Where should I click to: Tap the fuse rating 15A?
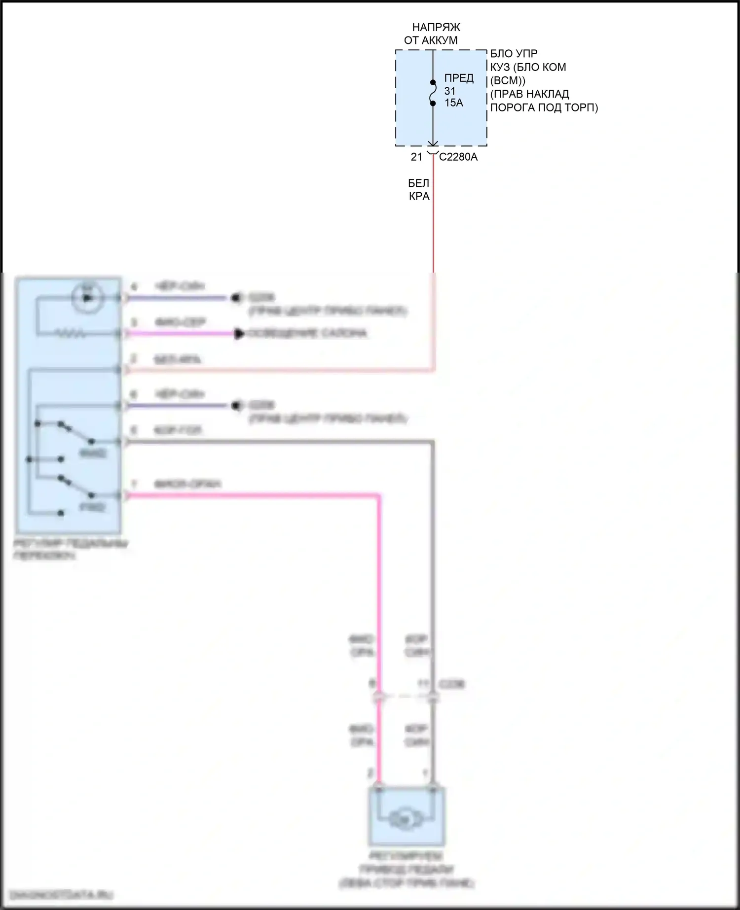[453, 103]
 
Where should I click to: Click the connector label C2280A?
[458, 157]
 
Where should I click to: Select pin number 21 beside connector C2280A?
[416, 157]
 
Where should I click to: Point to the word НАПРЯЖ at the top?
[436, 27]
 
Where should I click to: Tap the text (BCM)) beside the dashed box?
[508, 80]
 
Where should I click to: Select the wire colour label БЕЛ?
[418, 183]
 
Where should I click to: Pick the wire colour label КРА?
[419, 196]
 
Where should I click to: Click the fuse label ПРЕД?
[459, 78]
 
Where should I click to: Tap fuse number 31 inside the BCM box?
[449, 91]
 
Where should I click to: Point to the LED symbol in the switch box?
[87, 298]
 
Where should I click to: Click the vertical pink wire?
[379, 592]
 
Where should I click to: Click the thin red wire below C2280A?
[434, 222]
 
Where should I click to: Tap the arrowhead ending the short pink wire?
[239, 334]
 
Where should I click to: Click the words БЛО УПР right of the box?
[514, 54]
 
